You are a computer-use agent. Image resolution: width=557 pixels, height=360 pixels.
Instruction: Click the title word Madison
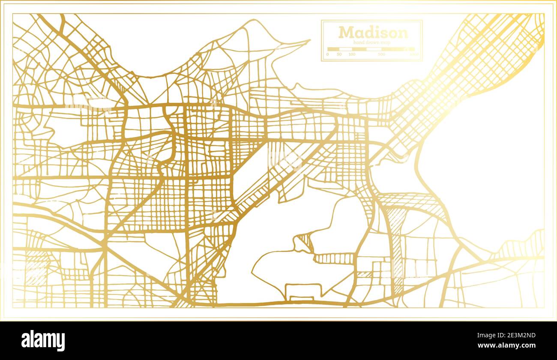(372, 33)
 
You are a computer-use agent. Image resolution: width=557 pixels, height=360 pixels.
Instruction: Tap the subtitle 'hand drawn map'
(372, 42)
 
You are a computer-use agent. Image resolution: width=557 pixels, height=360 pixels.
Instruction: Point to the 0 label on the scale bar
(327, 54)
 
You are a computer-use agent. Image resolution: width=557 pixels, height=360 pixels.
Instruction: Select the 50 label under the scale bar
(339, 54)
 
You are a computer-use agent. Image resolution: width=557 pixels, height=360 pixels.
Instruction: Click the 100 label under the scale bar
(352, 54)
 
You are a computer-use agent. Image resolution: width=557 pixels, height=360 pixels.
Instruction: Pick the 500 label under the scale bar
(382, 54)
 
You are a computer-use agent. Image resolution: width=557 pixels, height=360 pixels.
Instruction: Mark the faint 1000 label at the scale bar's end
(414, 54)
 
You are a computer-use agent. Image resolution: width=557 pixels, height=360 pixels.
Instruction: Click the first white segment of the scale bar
(333, 49)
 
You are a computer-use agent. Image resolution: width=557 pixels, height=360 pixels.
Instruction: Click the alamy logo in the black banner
(43, 341)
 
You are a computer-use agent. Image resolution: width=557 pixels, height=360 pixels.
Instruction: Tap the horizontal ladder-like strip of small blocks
(334, 258)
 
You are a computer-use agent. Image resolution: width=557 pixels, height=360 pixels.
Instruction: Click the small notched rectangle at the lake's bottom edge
(302, 291)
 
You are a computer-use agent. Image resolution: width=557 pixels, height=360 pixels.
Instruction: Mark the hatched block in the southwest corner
(36, 268)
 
